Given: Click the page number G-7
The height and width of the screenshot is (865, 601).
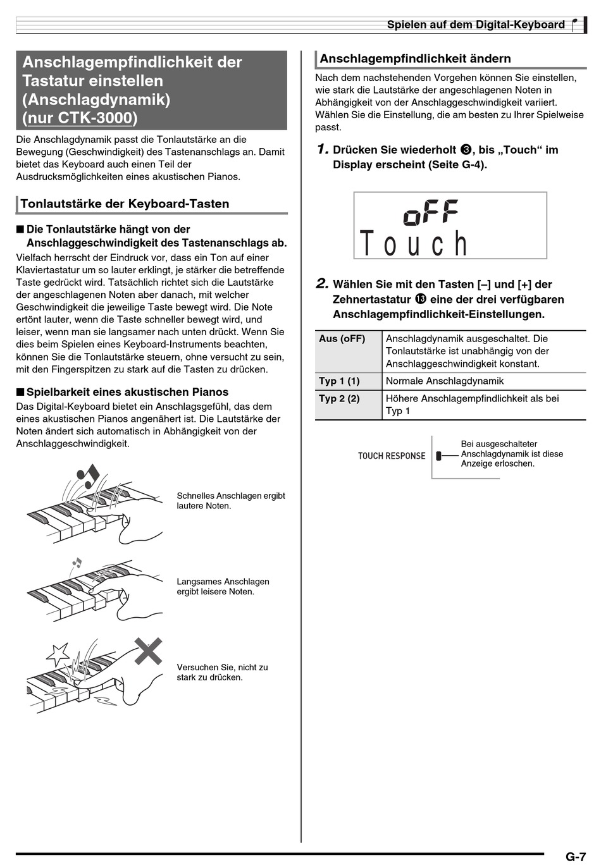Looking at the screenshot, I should click(575, 857).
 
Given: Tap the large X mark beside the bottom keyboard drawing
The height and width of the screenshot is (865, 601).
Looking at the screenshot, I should click(149, 651).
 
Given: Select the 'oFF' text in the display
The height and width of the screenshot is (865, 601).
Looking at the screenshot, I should click(431, 212).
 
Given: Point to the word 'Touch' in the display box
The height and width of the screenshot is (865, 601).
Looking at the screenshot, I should click(414, 243).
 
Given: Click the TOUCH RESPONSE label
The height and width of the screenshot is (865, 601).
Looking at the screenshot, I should click(392, 456).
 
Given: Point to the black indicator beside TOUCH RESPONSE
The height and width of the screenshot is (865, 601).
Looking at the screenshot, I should click(438, 456).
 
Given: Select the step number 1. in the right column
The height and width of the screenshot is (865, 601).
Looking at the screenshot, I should click(323, 150).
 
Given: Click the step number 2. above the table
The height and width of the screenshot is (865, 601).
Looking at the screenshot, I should click(323, 284).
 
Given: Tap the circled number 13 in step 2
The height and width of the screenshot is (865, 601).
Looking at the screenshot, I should click(421, 299).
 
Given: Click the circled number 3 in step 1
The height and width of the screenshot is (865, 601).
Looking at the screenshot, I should click(466, 150).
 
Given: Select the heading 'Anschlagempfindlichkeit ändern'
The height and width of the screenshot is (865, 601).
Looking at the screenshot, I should click(415, 59).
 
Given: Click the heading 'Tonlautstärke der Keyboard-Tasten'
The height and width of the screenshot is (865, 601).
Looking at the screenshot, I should click(125, 204).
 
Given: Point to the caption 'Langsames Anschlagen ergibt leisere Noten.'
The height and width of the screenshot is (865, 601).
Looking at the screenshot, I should click(223, 586).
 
